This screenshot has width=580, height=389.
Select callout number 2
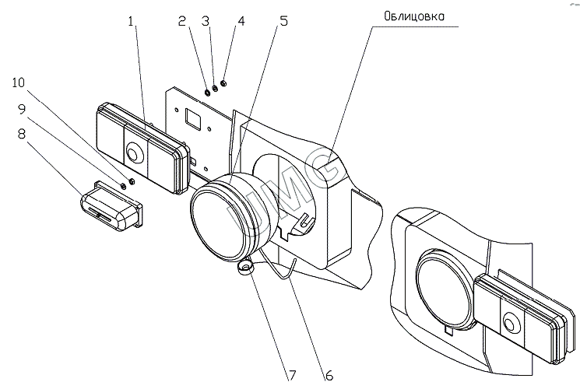(x=181, y=21)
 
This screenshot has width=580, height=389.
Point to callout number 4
(x=241, y=21)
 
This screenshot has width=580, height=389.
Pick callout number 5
(x=284, y=21)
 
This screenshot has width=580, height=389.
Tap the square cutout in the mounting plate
(x=193, y=118)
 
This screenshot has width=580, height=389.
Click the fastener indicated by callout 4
(x=223, y=84)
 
